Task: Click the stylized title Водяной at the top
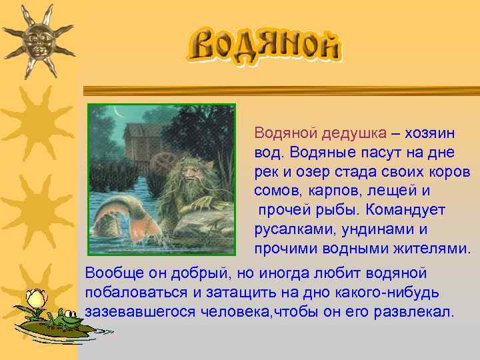click(264, 45)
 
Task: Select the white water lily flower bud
click(34, 297)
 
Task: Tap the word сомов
click(277, 191)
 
